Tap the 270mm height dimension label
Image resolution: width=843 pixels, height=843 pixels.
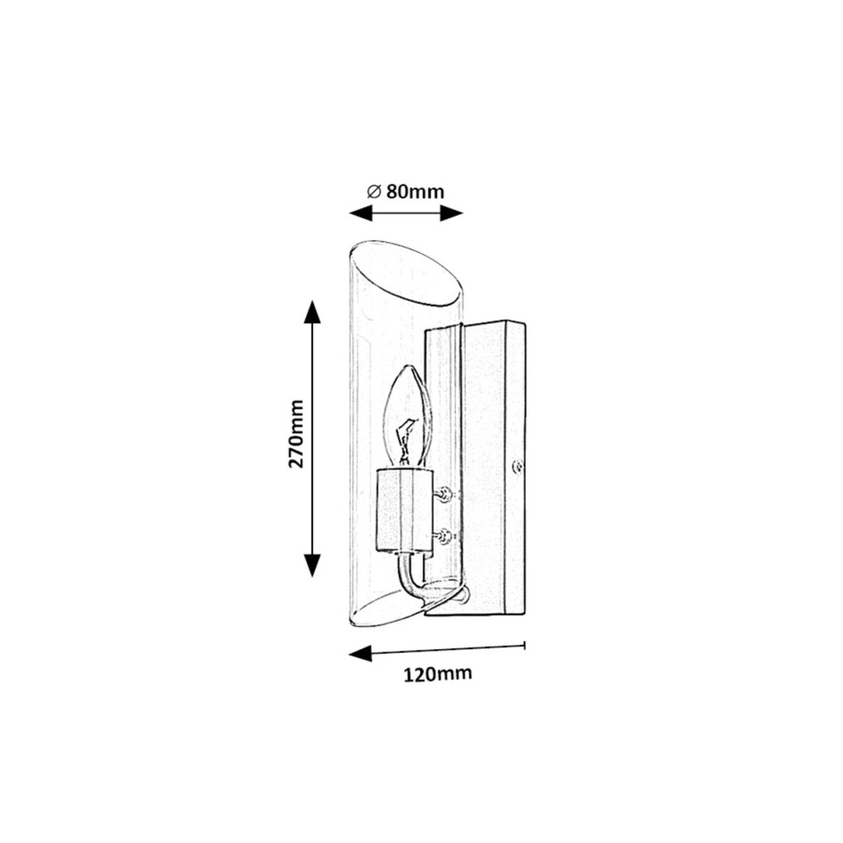click(x=296, y=433)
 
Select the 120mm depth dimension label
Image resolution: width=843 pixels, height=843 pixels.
click(x=437, y=674)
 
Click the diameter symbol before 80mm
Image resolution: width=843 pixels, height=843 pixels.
click(x=374, y=191)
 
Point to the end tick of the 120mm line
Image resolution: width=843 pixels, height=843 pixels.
click(x=525, y=644)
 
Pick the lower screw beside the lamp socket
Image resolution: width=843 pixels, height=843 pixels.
click(x=444, y=539)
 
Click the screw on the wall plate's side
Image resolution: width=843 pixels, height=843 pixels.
click(x=518, y=465)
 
